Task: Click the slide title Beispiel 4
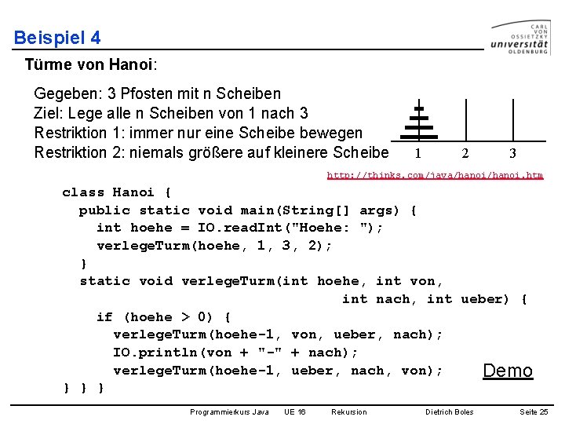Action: point(57,38)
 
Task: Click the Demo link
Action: point(508,371)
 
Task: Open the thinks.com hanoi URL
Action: point(435,175)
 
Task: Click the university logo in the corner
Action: point(520,37)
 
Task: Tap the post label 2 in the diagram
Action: point(465,154)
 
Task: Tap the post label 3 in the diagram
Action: point(512,154)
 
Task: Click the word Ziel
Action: point(48,113)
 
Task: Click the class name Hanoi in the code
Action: point(134,192)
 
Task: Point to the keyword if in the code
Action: point(104,317)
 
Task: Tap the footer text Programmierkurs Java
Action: point(229,411)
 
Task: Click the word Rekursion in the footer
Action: point(348,411)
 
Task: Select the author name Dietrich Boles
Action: point(450,411)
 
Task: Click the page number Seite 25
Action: point(534,411)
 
